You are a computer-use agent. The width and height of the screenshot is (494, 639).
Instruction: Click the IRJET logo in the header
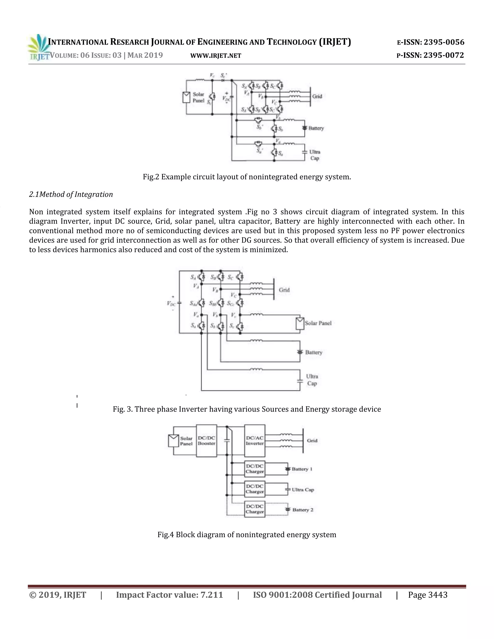pyautogui.click(x=37, y=48)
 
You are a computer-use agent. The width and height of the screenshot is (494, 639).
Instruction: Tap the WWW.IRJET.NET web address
pyautogui.click(x=216, y=56)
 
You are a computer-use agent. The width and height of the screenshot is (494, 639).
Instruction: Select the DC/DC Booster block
pyautogui.click(x=206, y=441)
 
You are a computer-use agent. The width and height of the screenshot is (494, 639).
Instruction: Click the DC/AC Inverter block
pyautogui.click(x=255, y=441)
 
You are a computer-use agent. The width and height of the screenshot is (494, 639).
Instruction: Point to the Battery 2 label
pyautogui.click(x=303, y=510)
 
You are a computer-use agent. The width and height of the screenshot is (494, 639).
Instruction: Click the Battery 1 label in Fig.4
pyautogui.click(x=302, y=469)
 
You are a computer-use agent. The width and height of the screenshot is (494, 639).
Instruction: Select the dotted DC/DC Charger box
pyautogui.click(x=255, y=509)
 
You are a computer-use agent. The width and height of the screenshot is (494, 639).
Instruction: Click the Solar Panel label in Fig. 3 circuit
pyautogui.click(x=318, y=323)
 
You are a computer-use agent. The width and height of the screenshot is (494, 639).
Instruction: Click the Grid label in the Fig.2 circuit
pyautogui.click(x=317, y=96)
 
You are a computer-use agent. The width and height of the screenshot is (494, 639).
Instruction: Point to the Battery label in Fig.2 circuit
pyautogui.click(x=316, y=128)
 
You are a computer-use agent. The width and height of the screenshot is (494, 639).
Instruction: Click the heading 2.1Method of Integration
pyautogui.click(x=71, y=195)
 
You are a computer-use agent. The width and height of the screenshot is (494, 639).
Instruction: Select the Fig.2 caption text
pyautogui.click(x=247, y=177)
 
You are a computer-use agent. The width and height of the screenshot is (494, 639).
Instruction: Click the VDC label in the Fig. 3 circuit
pyautogui.click(x=171, y=303)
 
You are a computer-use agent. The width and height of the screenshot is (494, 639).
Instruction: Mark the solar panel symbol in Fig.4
pyautogui.click(x=173, y=441)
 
